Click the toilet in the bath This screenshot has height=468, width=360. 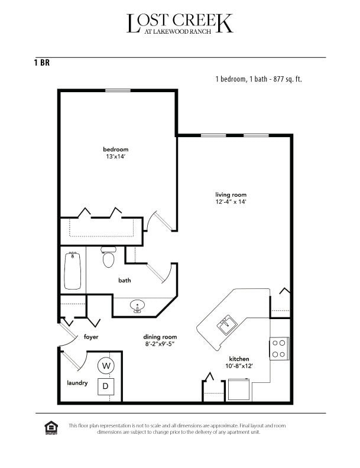(x=108, y=258)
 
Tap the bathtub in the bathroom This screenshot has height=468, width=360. (x=73, y=271)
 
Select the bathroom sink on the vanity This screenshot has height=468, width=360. (x=138, y=307)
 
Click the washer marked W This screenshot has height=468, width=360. (x=106, y=365)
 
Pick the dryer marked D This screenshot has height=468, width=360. (x=106, y=386)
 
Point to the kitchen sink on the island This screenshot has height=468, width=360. (x=227, y=325)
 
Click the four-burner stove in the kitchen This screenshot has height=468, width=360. (x=278, y=348)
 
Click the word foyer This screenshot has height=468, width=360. (x=90, y=337)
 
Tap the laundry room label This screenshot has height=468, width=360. (x=77, y=383)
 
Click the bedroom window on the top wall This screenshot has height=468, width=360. (x=118, y=90)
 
